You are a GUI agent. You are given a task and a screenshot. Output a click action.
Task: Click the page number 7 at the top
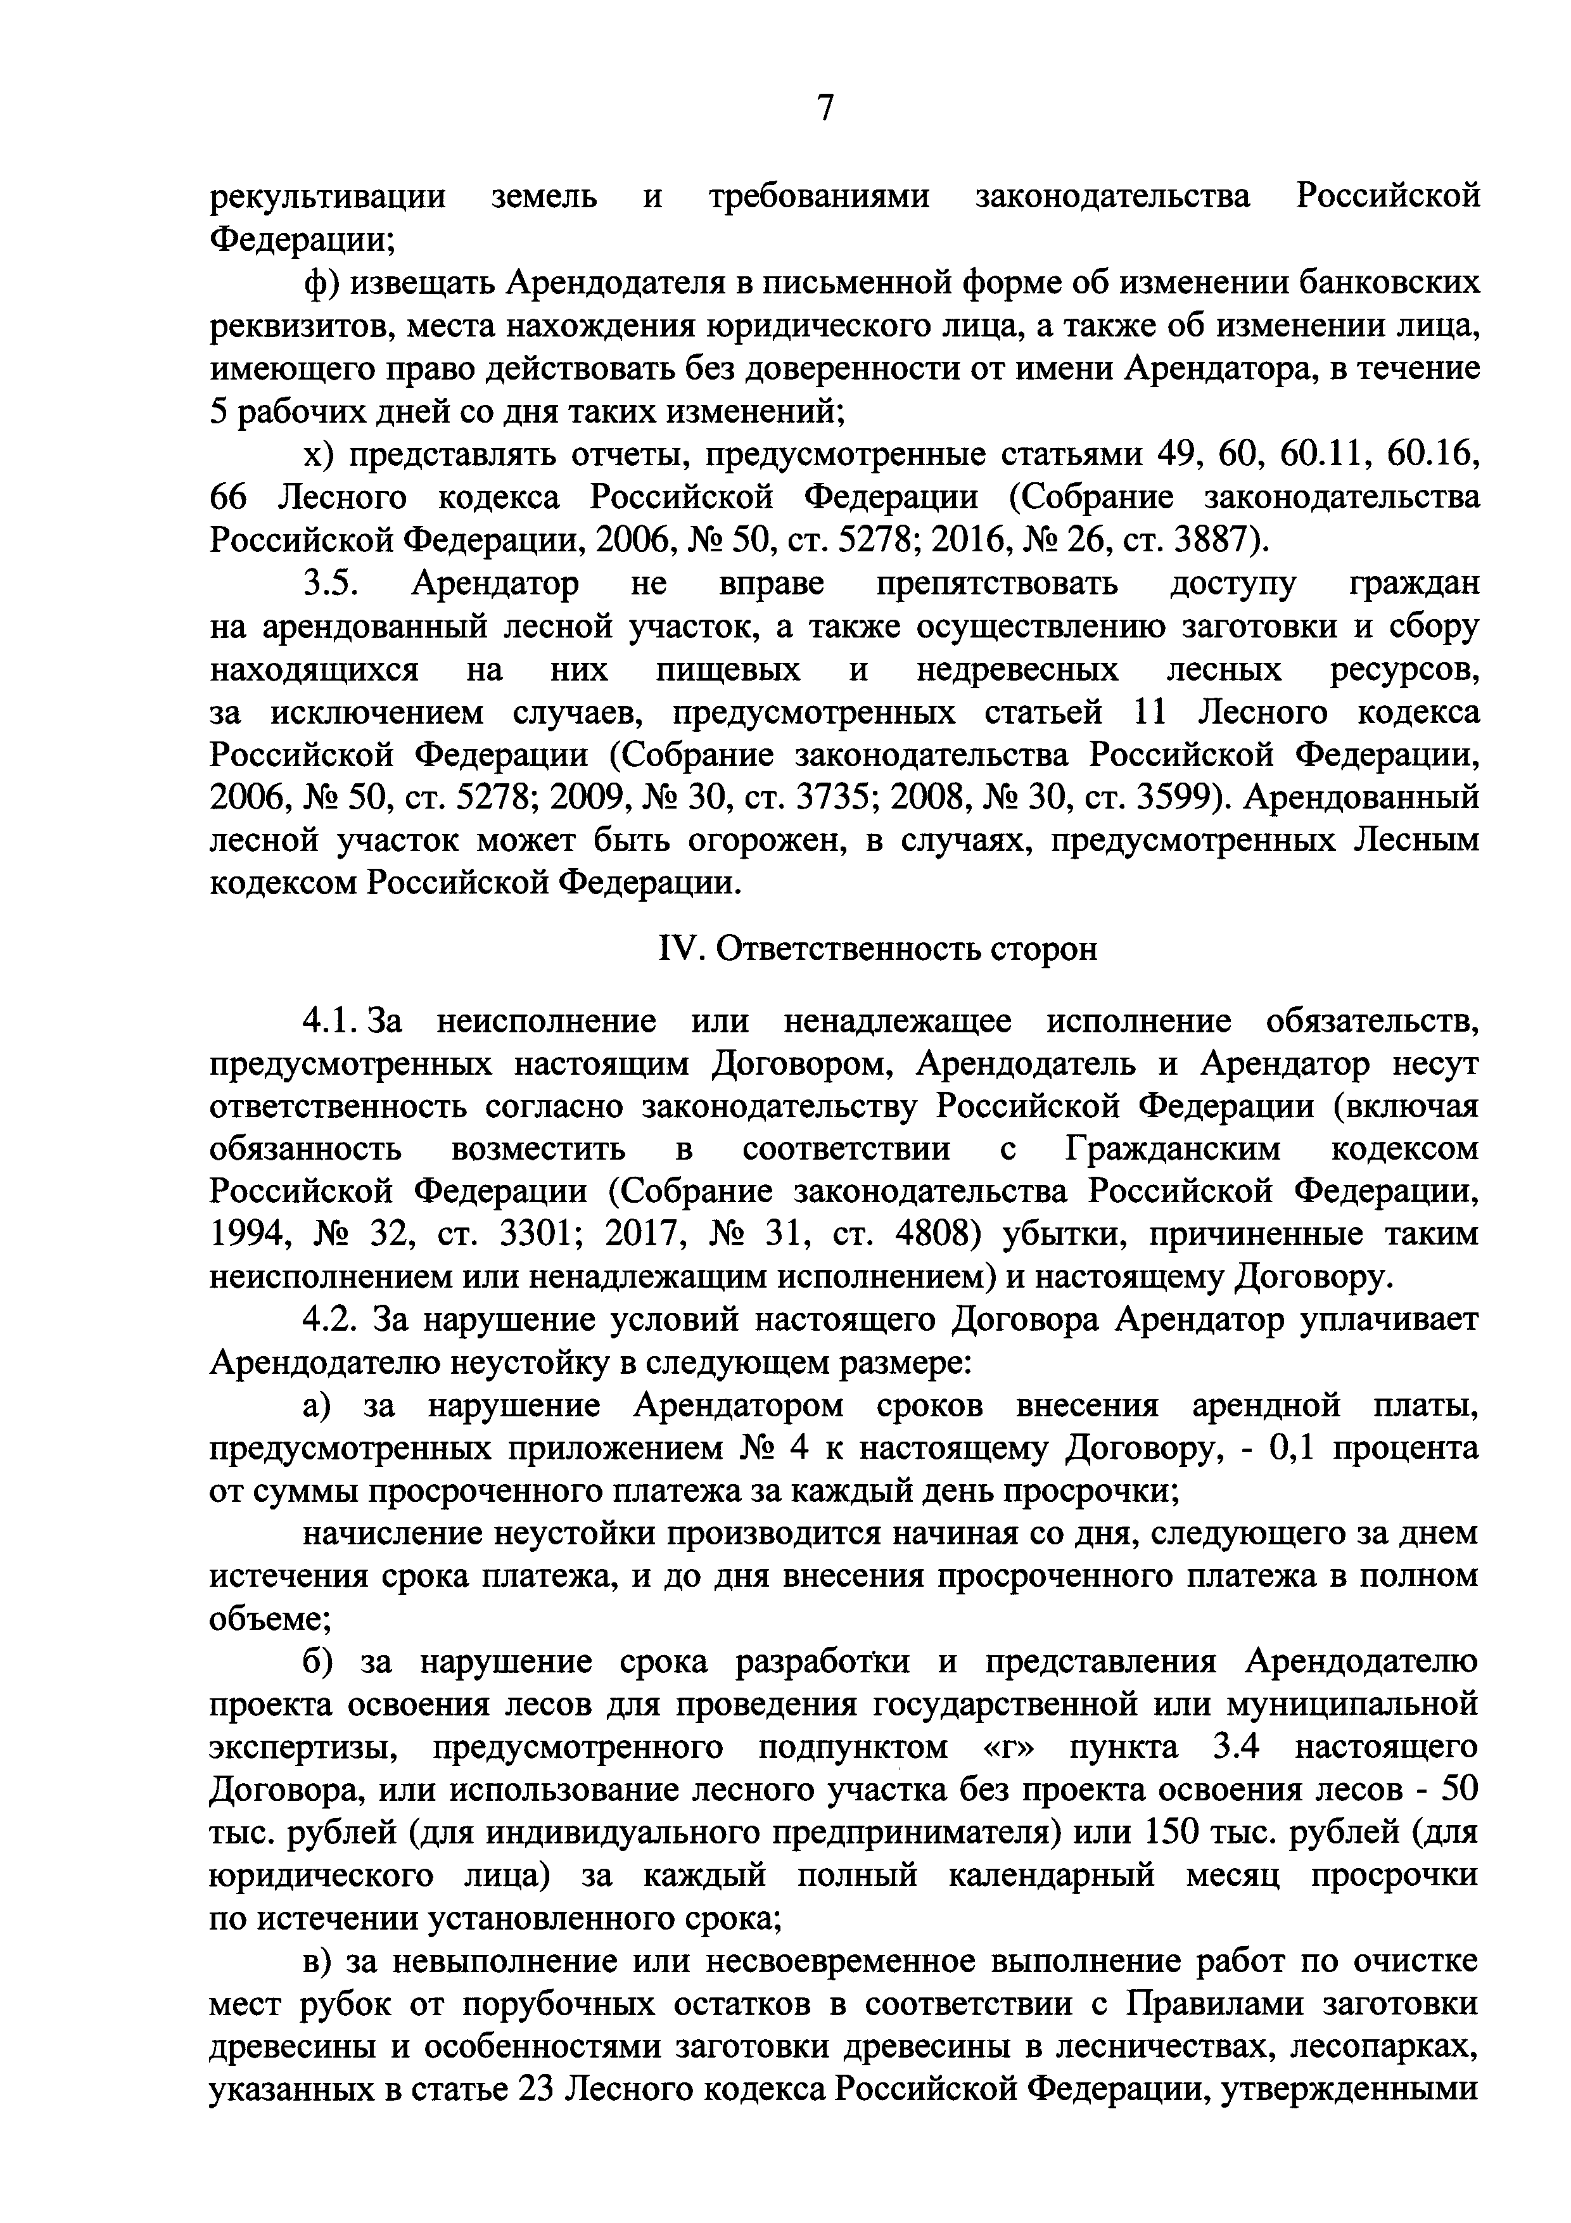coord(825,108)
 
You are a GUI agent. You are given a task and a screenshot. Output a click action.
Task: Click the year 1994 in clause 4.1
coord(248,1234)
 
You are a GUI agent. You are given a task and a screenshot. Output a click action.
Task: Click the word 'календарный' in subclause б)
coord(1051,1875)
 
